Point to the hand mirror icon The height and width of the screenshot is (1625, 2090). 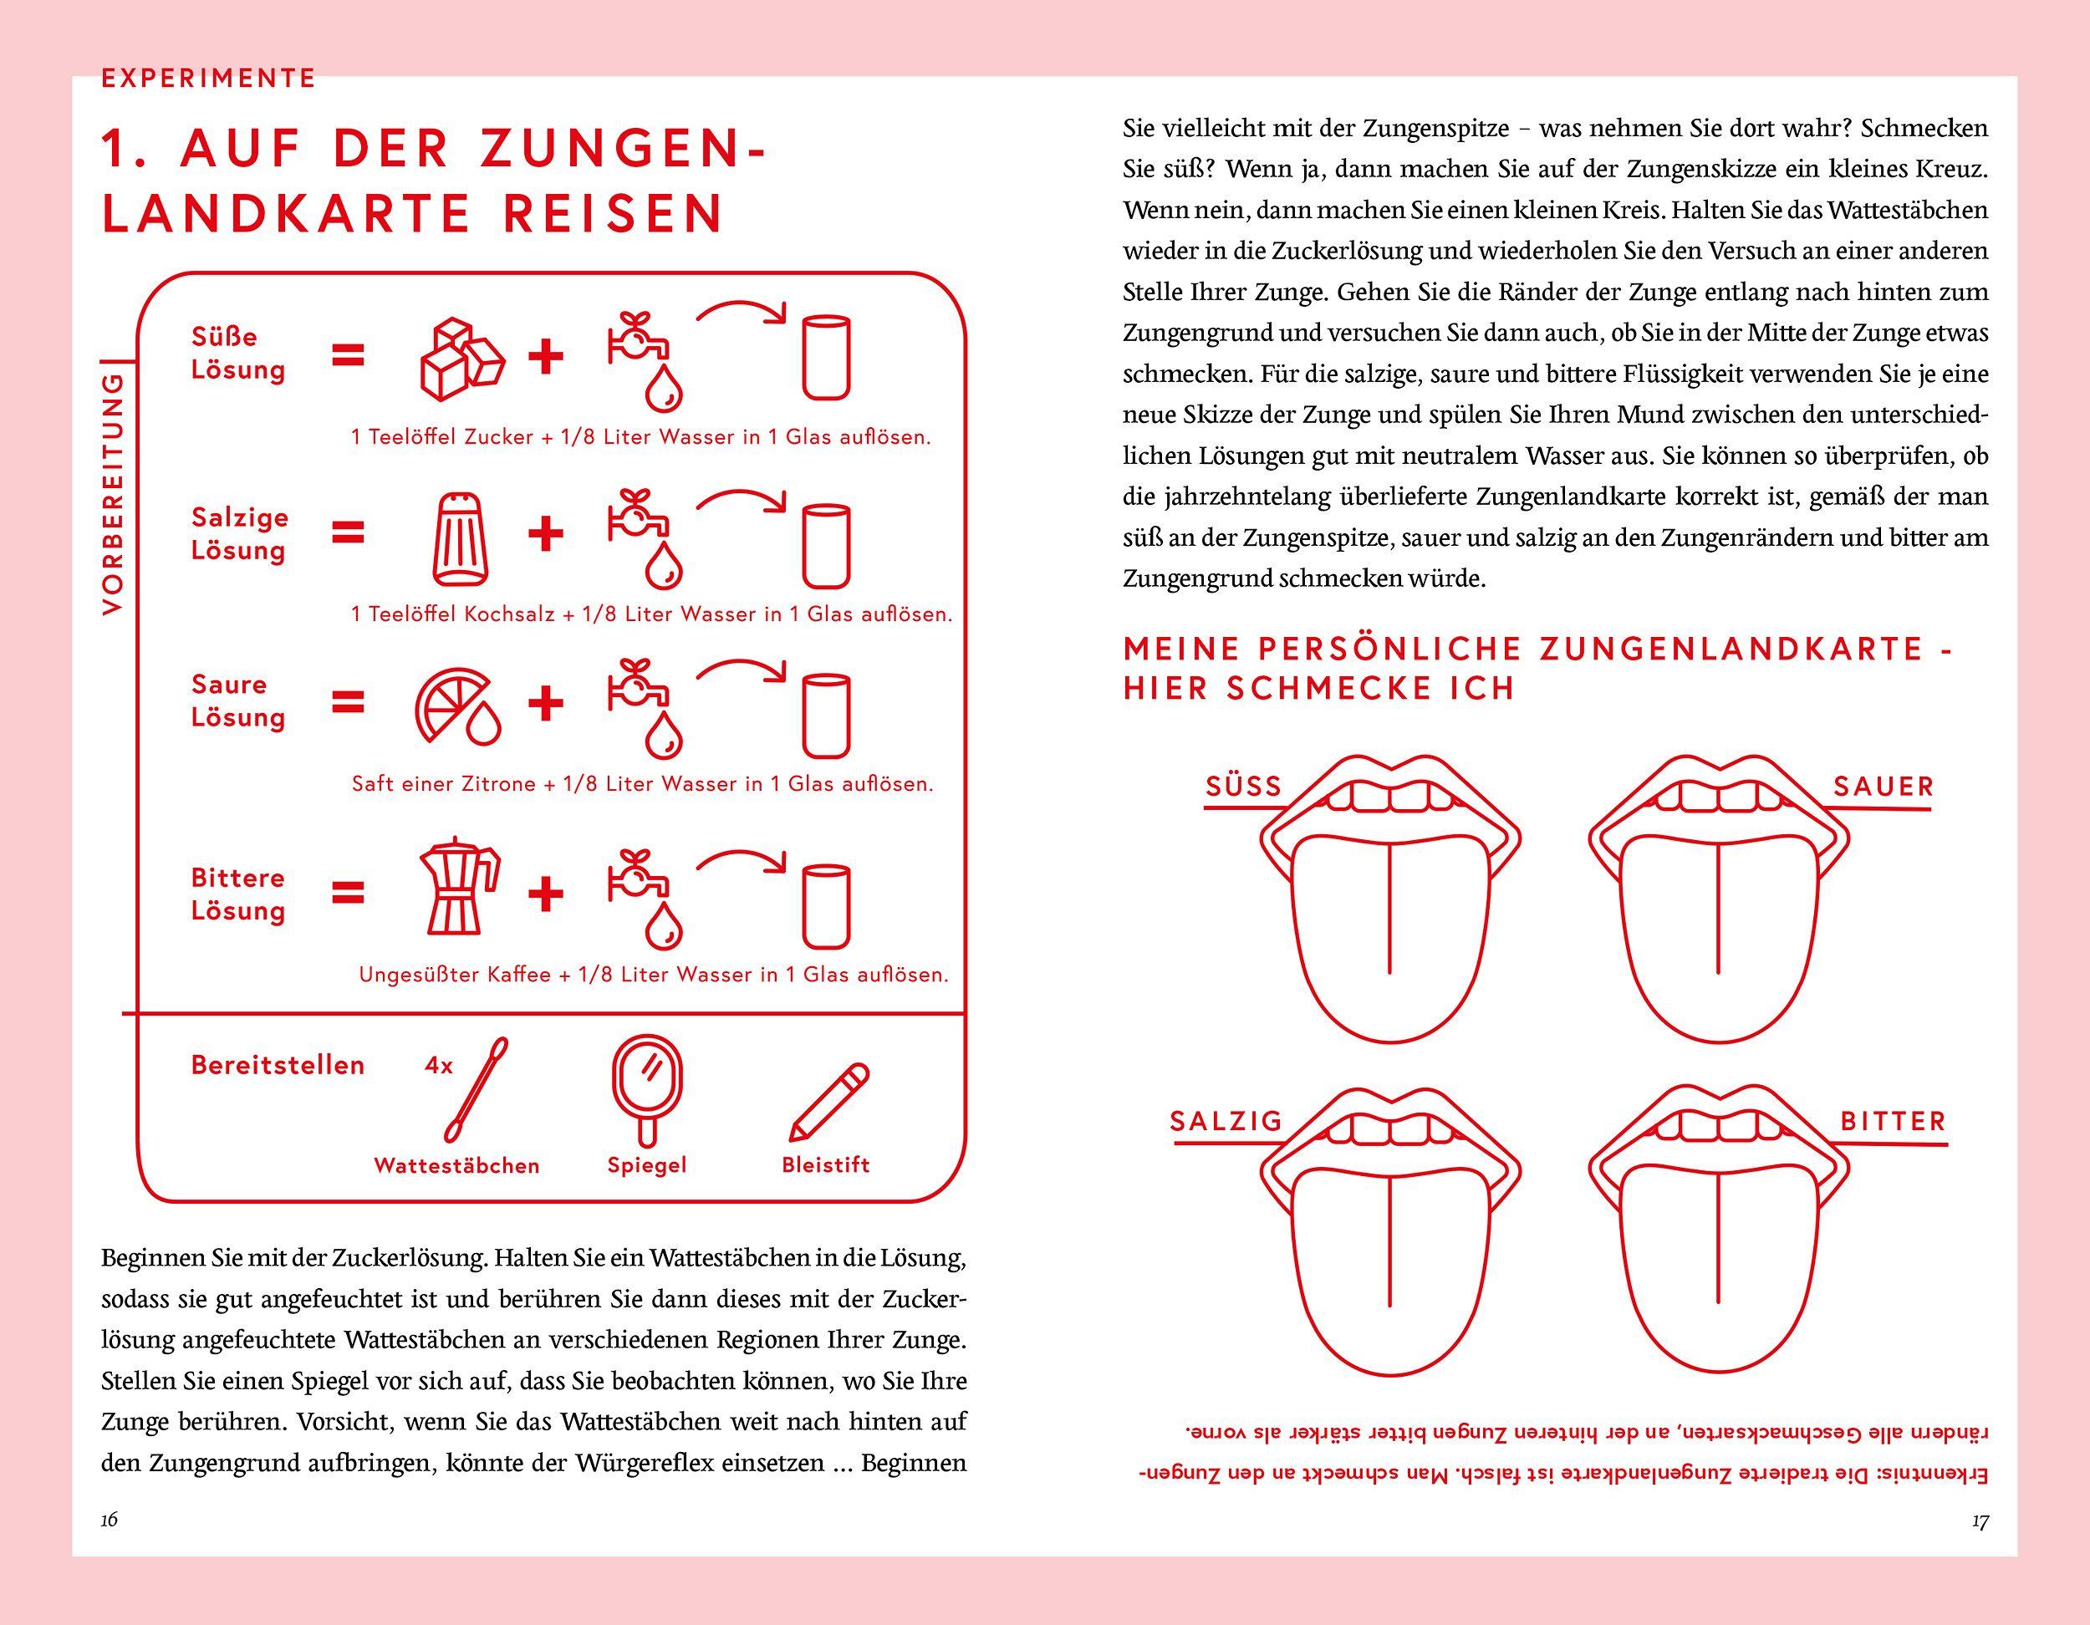648,1092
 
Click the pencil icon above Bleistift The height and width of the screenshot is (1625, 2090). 828,1103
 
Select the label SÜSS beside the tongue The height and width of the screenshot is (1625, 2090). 1243,787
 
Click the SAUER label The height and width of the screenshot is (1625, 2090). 1884,787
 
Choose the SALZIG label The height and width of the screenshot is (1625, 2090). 1226,1122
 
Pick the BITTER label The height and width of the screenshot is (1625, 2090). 1893,1122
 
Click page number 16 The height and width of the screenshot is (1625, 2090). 109,1520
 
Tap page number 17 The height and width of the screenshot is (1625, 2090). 1980,1521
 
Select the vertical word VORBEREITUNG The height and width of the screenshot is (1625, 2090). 113,494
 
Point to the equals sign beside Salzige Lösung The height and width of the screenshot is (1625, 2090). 349,533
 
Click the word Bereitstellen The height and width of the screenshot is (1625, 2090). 278,1065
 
